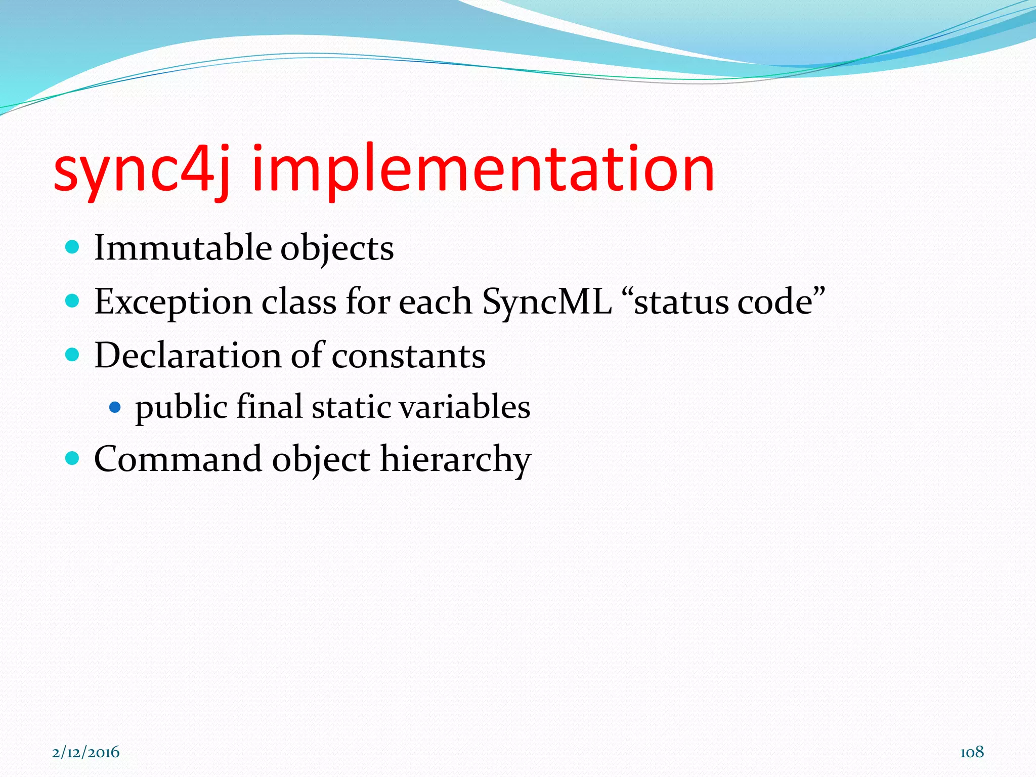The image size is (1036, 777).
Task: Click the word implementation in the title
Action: pyautogui.click(x=483, y=169)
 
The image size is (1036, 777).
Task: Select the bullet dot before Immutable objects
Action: pyautogui.click(x=73, y=247)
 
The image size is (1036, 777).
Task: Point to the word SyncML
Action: pyautogui.click(x=546, y=302)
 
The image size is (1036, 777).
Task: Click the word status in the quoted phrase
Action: pyautogui.click(x=680, y=302)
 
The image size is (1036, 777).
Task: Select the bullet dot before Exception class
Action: pyautogui.click(x=73, y=301)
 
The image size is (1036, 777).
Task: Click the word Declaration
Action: pyautogui.click(x=188, y=355)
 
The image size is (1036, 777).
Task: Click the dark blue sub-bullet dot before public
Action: pyautogui.click(x=115, y=407)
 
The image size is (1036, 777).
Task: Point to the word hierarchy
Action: pyautogui.click(x=455, y=459)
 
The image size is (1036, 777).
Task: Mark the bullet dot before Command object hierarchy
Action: pyautogui.click(x=73, y=458)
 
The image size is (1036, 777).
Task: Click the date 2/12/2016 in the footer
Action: pyautogui.click(x=86, y=752)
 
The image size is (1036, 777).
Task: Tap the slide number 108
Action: pyautogui.click(x=972, y=752)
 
